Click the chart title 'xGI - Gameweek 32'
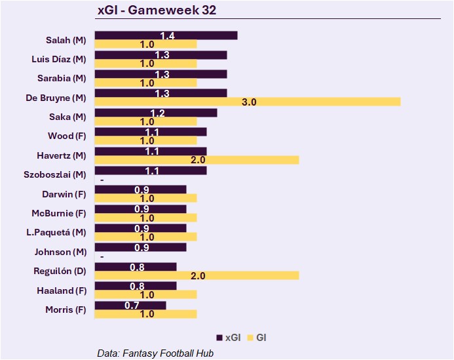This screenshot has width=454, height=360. tap(157, 10)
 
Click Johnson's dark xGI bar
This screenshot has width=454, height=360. tap(141, 247)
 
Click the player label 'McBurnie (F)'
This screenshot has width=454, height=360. tap(59, 213)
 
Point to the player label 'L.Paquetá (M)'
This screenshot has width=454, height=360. tap(58, 232)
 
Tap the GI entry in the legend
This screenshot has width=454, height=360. tap(257, 338)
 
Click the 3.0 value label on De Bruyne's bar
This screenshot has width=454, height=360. tap(249, 102)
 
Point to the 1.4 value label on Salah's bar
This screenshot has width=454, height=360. tap(167, 35)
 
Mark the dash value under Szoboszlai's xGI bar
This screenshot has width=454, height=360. tap(102, 180)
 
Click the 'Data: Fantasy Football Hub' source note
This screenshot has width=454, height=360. tap(155, 353)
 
